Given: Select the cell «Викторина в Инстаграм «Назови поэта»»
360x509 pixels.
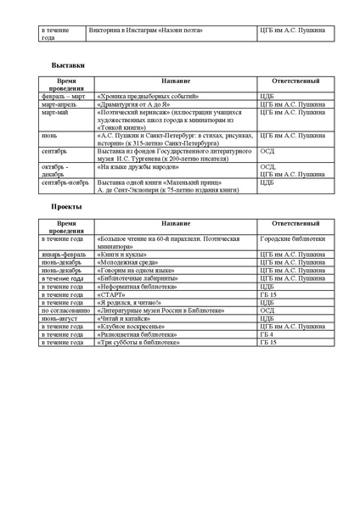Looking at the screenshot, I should (145, 31).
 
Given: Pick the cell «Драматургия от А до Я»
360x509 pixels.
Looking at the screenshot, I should (134, 104).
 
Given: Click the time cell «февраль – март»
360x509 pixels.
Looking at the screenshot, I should (62, 97).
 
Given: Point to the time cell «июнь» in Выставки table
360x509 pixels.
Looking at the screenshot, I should (48, 135).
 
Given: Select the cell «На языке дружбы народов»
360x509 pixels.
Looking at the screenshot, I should (136, 166).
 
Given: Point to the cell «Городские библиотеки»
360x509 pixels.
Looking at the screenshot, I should (292, 239).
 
